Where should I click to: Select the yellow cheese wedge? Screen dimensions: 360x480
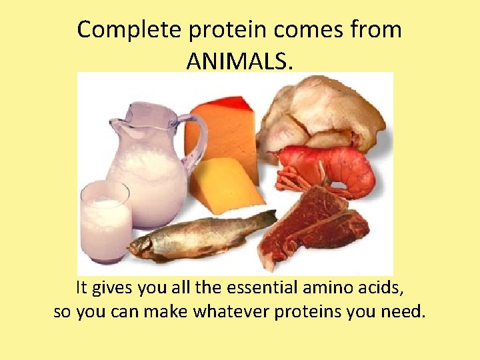coord(223,183)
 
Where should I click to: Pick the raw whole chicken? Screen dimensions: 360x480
coord(320,113)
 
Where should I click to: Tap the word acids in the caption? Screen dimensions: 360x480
coord(379,288)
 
